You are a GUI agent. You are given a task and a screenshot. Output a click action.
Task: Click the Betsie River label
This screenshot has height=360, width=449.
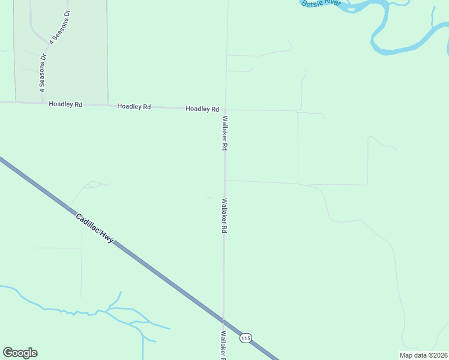[321, 4]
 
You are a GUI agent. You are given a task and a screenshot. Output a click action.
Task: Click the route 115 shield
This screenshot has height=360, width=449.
[245, 338]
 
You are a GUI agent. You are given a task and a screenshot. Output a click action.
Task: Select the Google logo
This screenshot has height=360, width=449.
[20, 352]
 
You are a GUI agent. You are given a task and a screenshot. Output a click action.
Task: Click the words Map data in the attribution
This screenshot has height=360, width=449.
[413, 355]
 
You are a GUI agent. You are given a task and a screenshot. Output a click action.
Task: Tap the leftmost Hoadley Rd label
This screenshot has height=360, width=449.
[65, 104]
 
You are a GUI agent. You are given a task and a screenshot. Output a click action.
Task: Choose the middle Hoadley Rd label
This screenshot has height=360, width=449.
[134, 107]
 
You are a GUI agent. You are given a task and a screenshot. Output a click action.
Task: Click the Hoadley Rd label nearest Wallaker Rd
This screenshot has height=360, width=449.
[202, 109]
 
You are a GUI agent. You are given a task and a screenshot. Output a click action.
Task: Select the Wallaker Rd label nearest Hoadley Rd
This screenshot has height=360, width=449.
[224, 133]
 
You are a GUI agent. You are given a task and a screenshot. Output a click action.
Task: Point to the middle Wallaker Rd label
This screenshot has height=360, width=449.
[224, 216]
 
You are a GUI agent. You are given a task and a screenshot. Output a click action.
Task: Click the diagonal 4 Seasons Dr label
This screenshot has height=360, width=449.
[60, 27]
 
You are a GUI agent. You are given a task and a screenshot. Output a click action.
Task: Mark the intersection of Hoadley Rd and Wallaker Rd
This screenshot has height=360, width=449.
[225, 110]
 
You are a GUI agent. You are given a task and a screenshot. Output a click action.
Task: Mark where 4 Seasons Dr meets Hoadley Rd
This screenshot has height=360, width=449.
[43, 103]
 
